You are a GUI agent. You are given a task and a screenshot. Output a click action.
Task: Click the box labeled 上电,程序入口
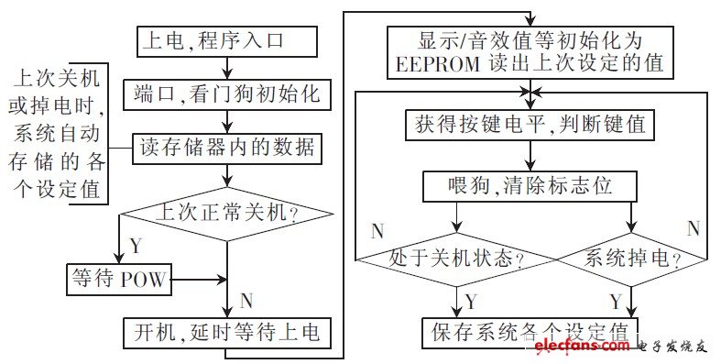227,40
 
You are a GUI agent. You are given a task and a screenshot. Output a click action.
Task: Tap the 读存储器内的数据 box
227,147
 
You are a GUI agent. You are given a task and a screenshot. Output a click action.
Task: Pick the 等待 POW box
119,279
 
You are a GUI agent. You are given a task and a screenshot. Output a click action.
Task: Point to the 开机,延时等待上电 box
227,331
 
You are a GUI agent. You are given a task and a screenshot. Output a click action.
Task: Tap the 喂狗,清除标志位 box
530,187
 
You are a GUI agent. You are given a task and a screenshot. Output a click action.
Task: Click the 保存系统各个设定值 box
530,331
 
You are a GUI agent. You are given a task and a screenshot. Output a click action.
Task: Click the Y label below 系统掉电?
617,300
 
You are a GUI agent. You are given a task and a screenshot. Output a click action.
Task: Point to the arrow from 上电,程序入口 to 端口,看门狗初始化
227,67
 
